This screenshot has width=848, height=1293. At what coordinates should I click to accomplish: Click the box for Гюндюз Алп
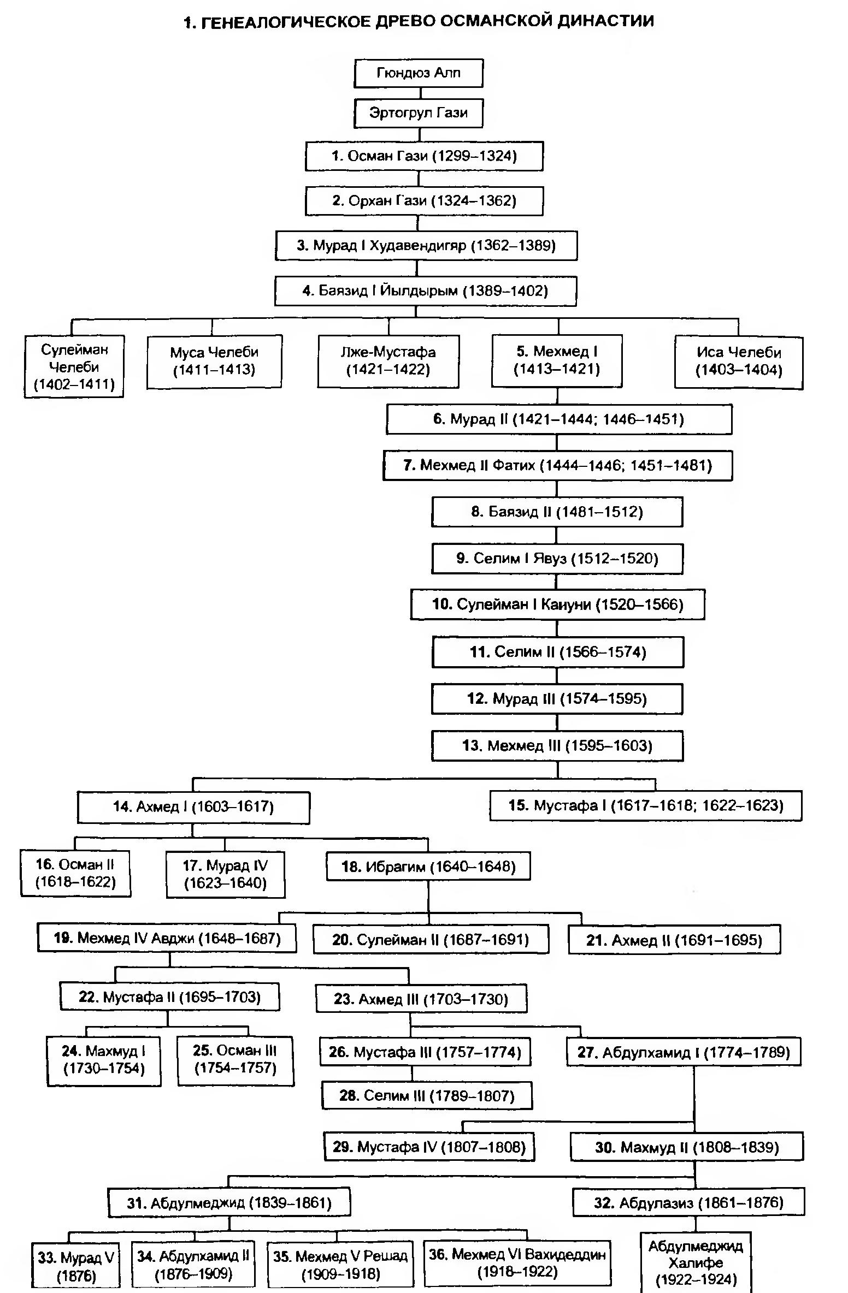click(419, 73)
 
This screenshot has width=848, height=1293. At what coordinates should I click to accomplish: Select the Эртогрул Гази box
click(419, 113)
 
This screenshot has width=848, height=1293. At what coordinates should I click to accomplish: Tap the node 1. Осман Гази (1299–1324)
click(424, 157)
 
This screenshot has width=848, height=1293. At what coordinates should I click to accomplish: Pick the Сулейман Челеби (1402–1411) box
click(74, 366)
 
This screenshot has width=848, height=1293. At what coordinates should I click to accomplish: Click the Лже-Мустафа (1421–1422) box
click(388, 361)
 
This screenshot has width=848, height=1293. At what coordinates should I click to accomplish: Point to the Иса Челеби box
click(739, 361)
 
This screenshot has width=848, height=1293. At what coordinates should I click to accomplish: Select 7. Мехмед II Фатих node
click(557, 465)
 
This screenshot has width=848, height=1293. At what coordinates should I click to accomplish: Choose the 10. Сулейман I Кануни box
click(557, 604)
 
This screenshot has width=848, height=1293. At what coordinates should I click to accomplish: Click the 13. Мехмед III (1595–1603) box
click(557, 746)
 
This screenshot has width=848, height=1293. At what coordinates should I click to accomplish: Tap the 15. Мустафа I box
click(646, 805)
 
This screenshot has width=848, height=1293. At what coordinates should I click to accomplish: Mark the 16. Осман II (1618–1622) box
click(75, 873)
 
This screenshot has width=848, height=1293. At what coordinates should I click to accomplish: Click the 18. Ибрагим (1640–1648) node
click(428, 867)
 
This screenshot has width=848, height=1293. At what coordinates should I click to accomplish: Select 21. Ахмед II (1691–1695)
click(674, 940)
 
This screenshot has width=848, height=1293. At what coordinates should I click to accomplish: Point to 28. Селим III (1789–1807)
click(427, 1096)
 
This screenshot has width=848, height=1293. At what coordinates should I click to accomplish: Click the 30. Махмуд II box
click(687, 1147)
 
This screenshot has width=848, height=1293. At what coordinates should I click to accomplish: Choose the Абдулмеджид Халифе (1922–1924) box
click(696, 1264)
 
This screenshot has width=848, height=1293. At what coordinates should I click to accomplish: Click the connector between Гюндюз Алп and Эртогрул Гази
click(419, 93)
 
